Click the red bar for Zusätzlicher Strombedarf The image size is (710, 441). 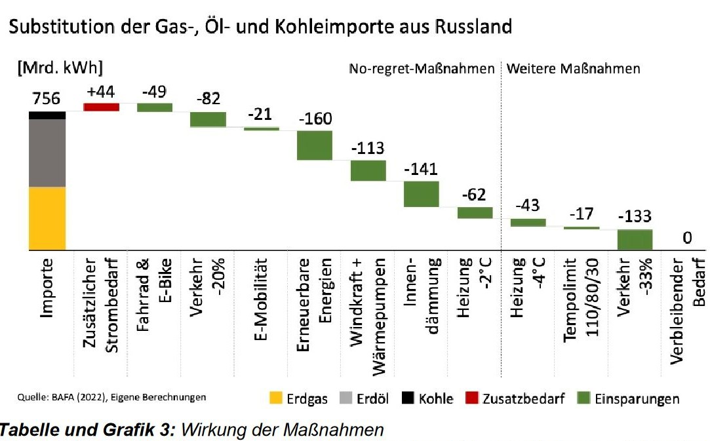(101, 107)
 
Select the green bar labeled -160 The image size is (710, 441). (315, 145)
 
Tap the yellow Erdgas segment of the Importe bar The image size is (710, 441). (47, 218)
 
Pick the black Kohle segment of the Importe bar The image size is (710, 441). (47, 115)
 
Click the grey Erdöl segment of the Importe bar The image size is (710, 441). (47, 153)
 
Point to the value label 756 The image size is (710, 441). (47, 99)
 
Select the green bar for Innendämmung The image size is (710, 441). (421, 193)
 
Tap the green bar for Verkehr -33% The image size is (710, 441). (635, 239)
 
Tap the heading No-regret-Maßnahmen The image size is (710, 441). (421, 69)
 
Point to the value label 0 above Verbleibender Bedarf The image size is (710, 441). (687, 240)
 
